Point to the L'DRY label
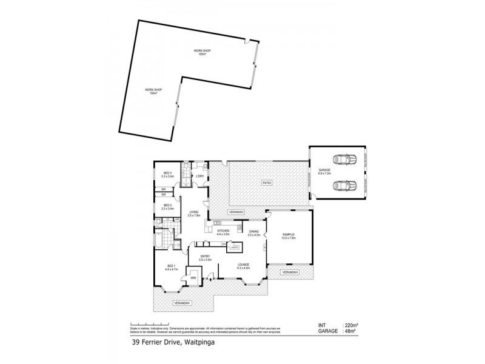point(199,177)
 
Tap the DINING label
point(254,232)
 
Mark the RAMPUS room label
point(288,236)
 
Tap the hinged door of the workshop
point(247,41)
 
